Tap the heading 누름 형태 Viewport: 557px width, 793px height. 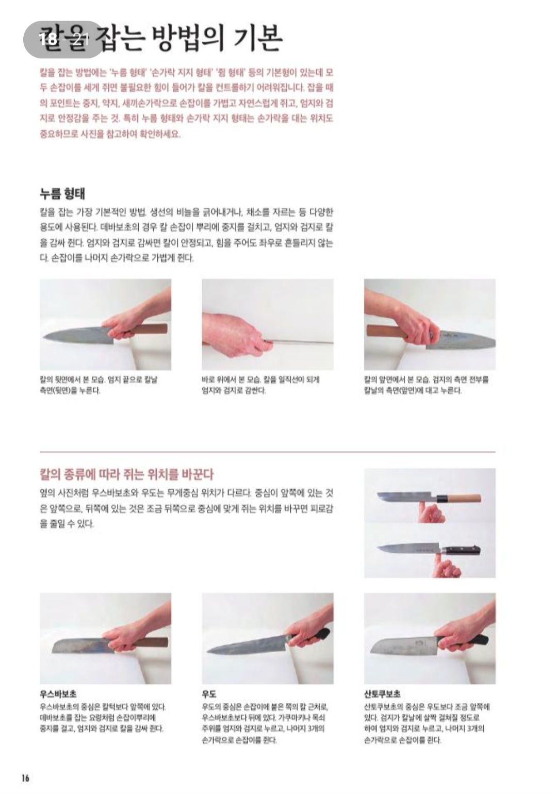[62, 194]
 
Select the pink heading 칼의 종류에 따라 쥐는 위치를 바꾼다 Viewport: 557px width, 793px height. [126, 474]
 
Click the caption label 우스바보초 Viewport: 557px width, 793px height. [58, 694]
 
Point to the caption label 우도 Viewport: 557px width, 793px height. [209, 694]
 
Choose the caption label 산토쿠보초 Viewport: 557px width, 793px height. [382, 694]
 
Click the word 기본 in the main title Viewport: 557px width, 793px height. [257, 39]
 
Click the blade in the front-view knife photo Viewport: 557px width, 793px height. [464, 341]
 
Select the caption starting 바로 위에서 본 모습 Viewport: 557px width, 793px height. [260, 385]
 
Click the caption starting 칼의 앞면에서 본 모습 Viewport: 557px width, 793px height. [426, 385]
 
